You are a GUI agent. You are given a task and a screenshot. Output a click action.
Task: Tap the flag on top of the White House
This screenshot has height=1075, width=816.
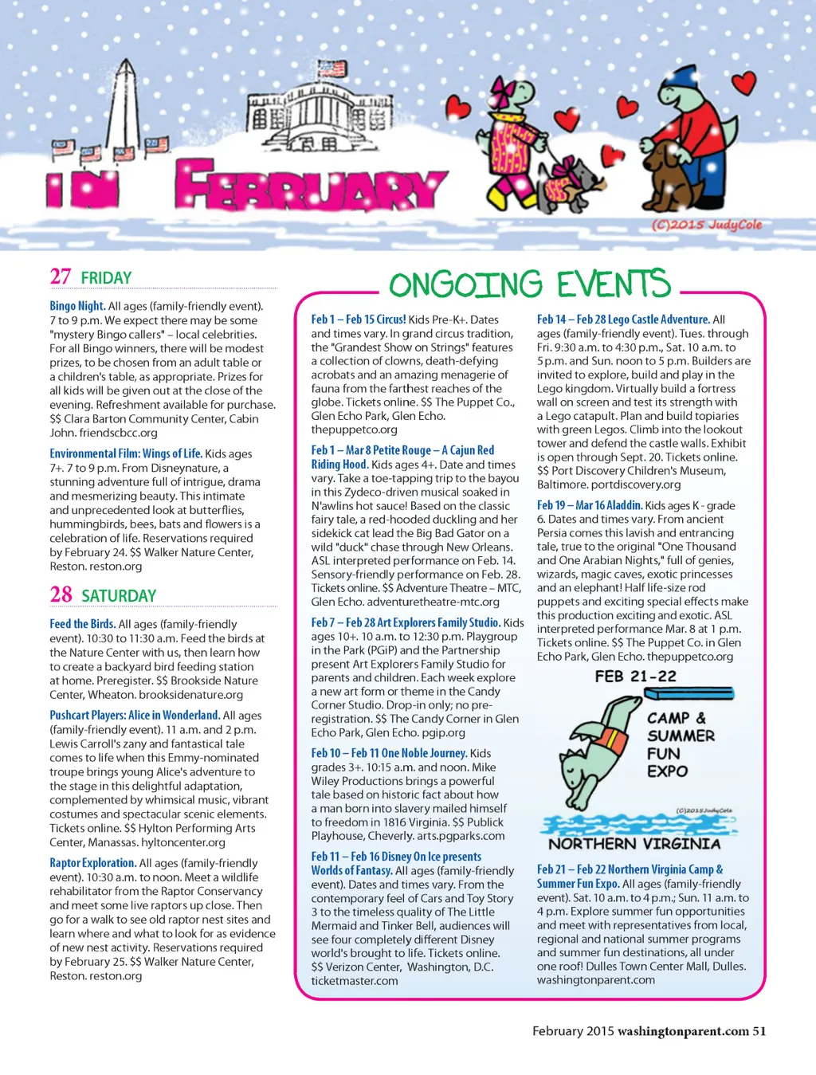pos(328,69)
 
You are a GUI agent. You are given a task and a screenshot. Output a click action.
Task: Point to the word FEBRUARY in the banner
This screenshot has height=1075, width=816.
pos(311,187)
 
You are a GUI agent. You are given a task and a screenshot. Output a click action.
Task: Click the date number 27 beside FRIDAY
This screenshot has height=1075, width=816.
pos(61,277)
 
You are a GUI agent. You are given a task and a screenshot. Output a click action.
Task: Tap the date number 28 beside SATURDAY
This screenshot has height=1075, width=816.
pos(61,594)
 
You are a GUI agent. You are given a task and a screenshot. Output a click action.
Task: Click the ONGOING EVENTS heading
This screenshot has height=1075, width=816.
pos(529,284)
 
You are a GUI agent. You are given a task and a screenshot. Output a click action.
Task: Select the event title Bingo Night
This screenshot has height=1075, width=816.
pos(77,306)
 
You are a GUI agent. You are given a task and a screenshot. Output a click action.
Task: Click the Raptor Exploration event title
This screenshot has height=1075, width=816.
pos(92,863)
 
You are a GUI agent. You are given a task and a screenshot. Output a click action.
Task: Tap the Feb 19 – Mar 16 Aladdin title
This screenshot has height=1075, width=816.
pos(589,505)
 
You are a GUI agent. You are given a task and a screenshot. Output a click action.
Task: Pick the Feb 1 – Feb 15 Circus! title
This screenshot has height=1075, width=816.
pos(359,319)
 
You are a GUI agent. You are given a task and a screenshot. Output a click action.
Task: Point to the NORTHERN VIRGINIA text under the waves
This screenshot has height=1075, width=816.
pos(634,844)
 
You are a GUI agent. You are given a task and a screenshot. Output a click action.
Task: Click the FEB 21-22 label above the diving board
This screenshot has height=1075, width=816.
pos(635,677)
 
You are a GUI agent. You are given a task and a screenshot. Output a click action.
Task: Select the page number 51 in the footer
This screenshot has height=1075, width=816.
pos(759,1031)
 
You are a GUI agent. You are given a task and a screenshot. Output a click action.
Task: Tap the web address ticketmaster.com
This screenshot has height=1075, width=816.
pos(355,981)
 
